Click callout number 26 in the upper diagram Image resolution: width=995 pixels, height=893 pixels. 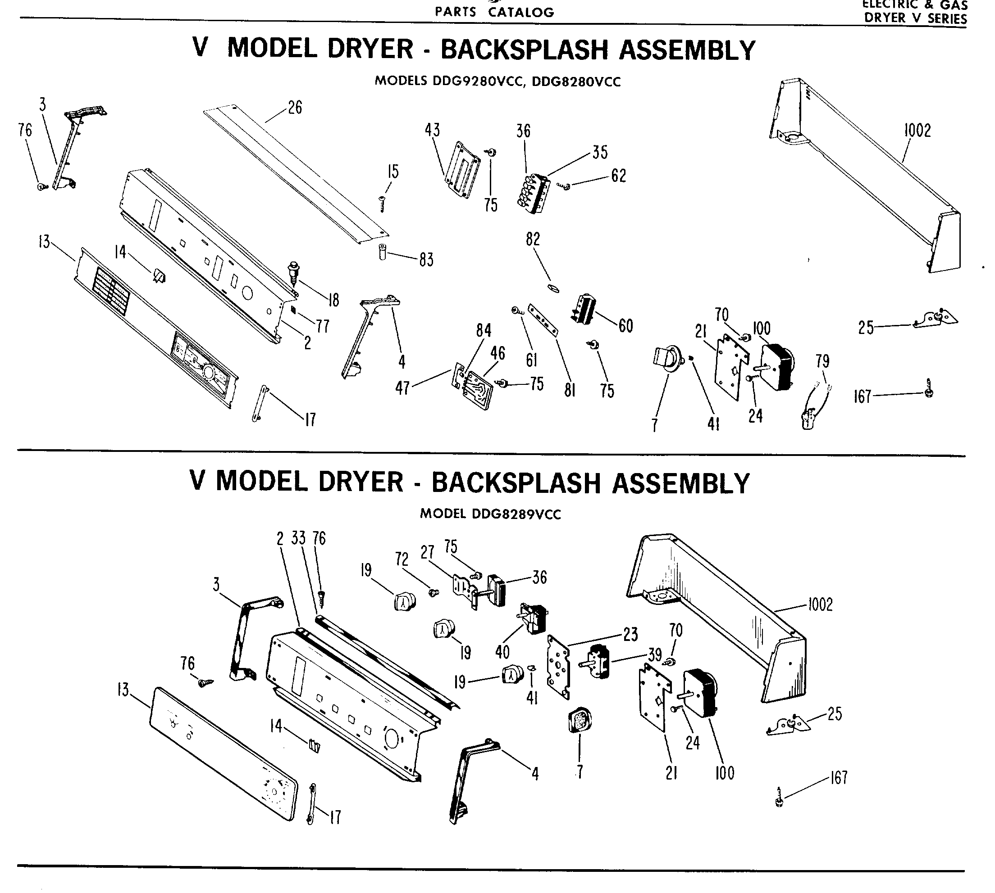click(295, 108)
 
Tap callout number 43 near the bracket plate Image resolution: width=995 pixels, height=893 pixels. click(432, 130)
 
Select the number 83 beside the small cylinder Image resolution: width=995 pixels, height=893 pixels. click(426, 260)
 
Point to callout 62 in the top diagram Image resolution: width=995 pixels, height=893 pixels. click(618, 176)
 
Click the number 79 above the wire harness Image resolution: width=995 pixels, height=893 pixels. click(822, 361)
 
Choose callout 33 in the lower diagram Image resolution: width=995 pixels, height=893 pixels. click(298, 538)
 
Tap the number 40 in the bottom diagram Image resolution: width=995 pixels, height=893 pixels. click(502, 652)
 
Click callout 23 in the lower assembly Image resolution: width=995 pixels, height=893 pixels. click(630, 635)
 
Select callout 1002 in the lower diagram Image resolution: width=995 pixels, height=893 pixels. click(820, 604)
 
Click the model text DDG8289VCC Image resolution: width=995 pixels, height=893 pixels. click(516, 514)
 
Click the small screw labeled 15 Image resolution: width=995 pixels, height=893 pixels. click(382, 203)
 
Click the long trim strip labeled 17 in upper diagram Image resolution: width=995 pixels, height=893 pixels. click(260, 403)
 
